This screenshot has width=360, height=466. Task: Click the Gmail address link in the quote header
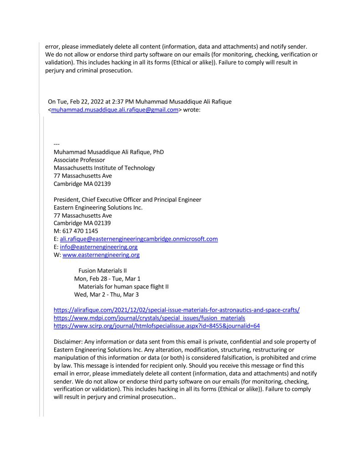114,109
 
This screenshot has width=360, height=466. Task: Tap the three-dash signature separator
57,144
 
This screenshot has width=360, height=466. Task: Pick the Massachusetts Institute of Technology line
104,168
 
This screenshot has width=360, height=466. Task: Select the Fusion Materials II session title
102,271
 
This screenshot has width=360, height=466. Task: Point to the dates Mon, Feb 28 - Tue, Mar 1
107,278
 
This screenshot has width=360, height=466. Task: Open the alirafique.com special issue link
177,310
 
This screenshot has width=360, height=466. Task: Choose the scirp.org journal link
157,326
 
